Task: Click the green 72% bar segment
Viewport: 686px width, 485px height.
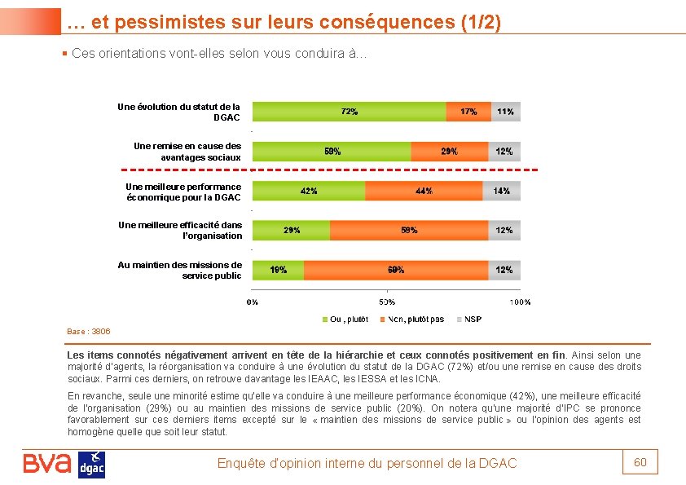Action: [350, 112]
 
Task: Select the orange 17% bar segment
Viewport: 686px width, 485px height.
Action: [468, 112]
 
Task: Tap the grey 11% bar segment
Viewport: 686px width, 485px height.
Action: [506, 112]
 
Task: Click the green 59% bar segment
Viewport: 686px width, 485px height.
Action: [332, 151]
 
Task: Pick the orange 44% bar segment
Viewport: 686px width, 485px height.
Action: [423, 191]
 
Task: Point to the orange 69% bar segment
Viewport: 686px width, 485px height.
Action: [396, 270]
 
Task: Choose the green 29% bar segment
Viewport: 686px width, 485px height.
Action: [291, 230]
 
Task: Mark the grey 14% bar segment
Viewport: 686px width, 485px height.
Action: [502, 191]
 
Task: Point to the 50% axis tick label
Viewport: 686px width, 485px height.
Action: [386, 302]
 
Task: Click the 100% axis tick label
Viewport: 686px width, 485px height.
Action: [519, 302]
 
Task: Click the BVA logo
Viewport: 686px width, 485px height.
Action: [47, 464]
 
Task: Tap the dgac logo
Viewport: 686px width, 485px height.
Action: [91, 465]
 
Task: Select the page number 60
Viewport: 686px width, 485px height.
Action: [640, 462]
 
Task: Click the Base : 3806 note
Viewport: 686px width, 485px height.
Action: [88, 332]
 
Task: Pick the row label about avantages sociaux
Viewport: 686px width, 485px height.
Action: [187, 151]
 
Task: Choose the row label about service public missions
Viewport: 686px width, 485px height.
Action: [180, 270]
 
